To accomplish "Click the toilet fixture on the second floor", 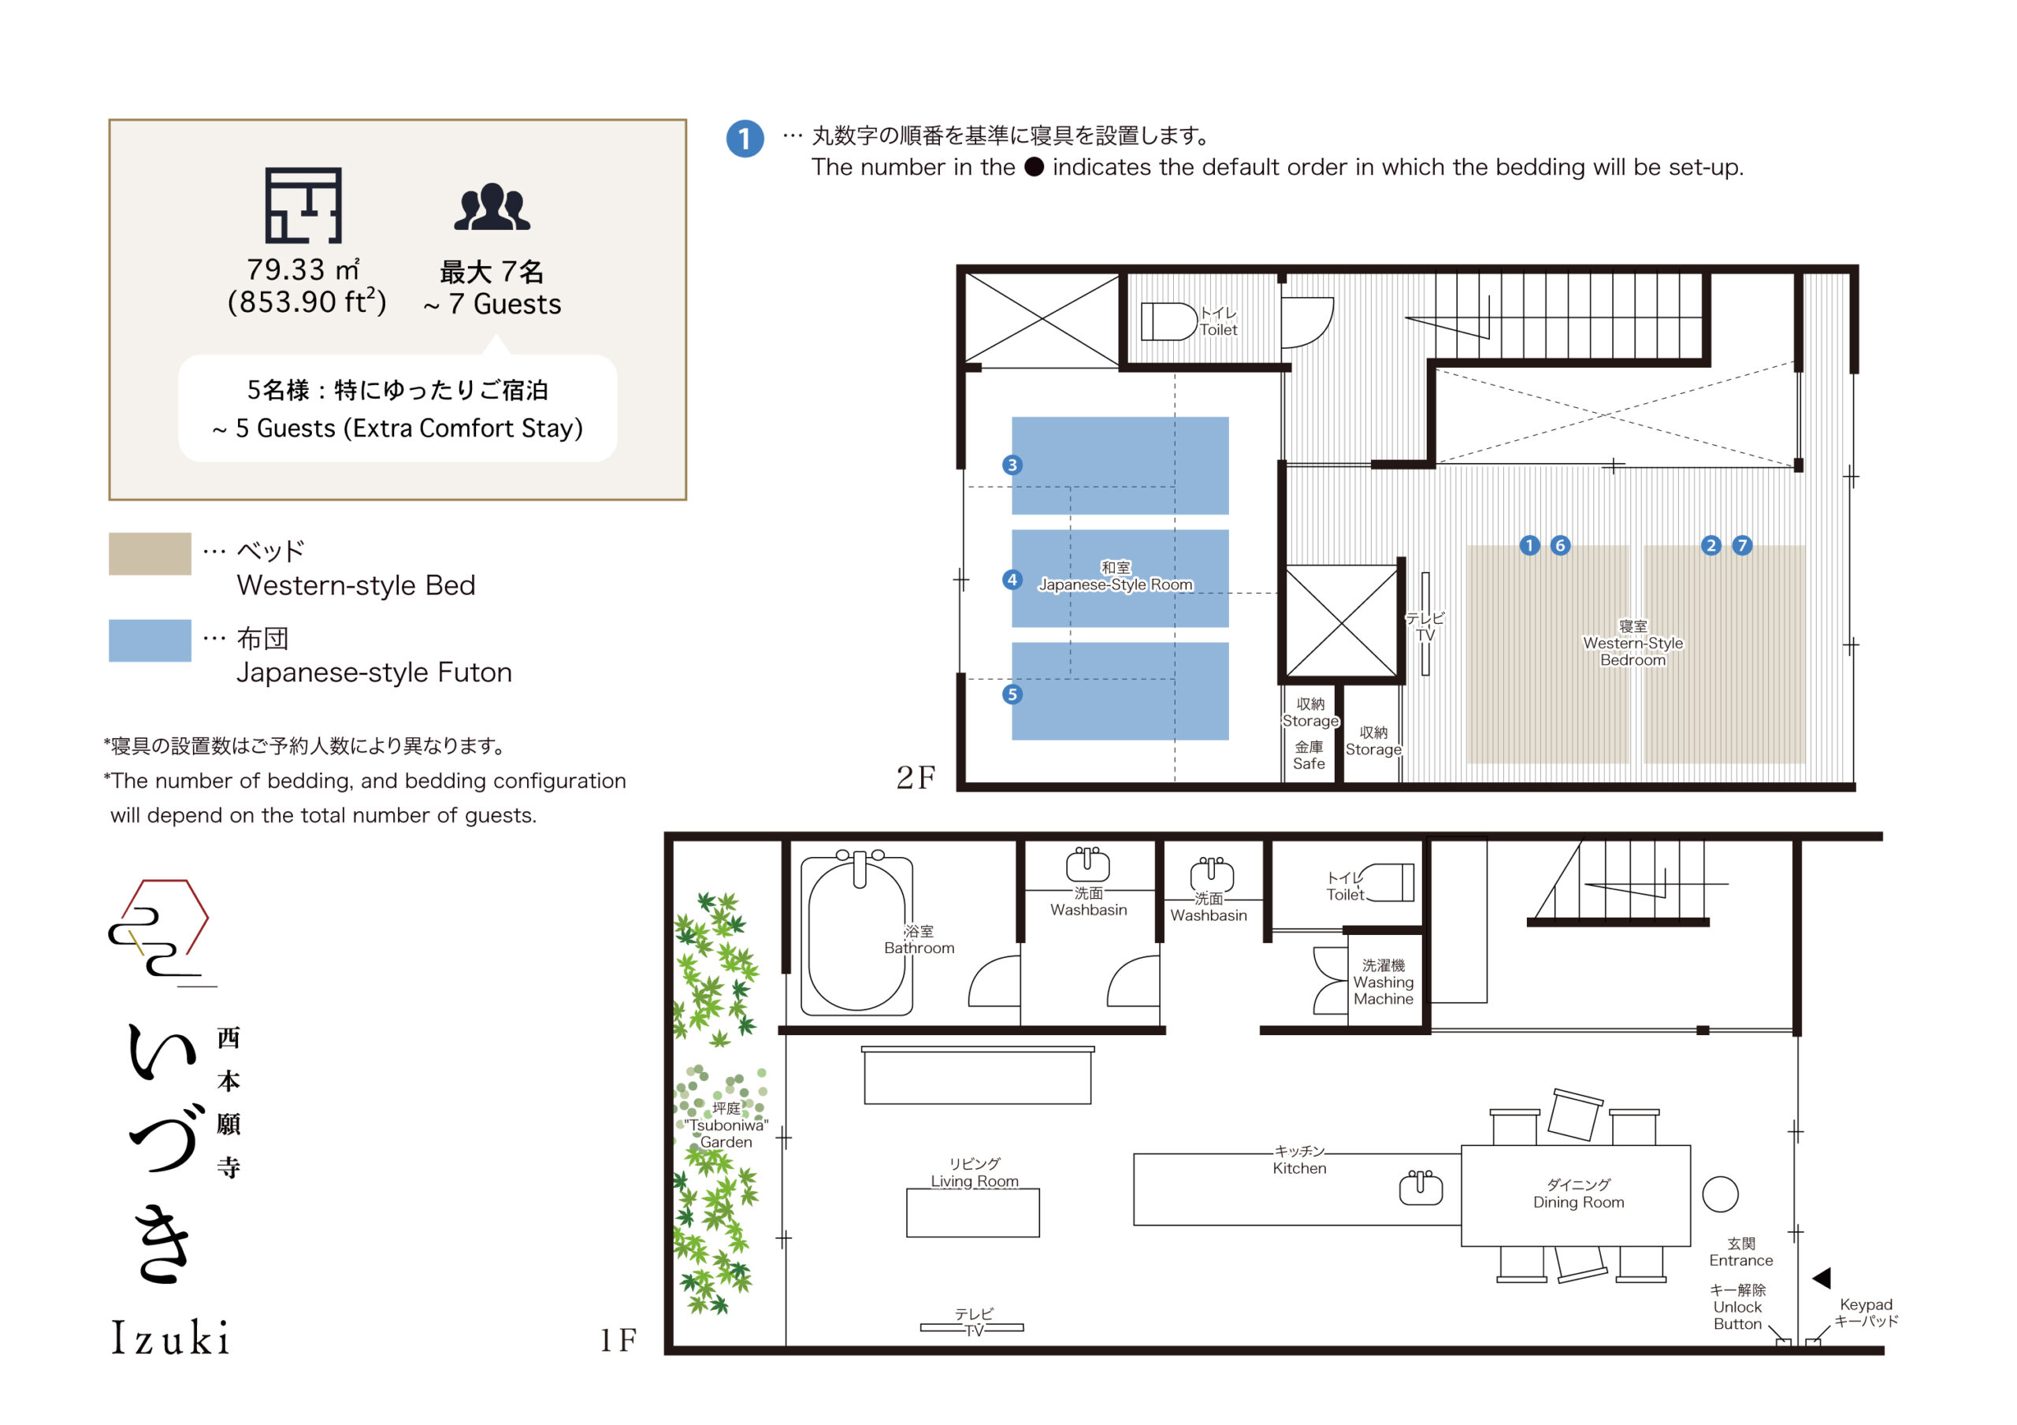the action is pos(1168,321).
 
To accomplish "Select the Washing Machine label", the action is pos(1384,982).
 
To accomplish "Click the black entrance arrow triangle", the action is pos(1821,1278).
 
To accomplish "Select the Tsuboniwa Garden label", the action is pos(726,1126).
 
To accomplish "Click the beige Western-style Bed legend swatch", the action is pos(150,554).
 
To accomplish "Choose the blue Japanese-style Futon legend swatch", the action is pos(150,640).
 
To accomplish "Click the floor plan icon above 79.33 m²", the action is pos(303,206).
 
